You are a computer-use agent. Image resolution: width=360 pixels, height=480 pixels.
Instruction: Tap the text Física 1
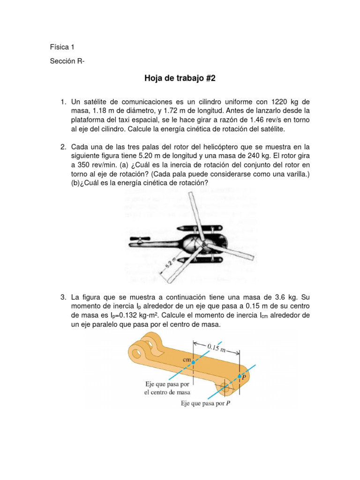(62, 47)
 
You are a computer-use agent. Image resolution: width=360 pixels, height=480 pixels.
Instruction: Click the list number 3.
(63, 297)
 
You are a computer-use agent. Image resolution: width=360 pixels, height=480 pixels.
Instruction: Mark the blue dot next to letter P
(240, 376)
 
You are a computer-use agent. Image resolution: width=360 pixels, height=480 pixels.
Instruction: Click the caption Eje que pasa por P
(205, 403)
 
